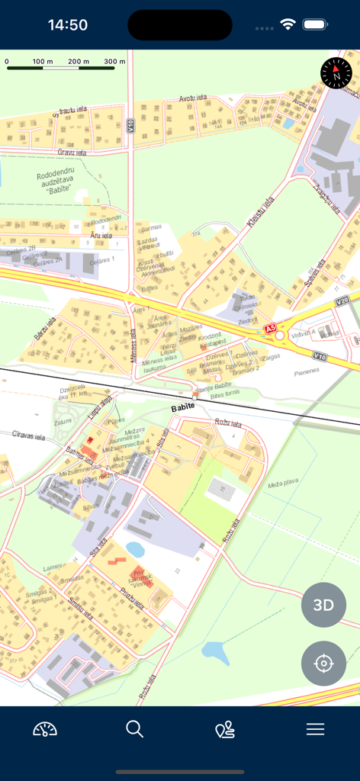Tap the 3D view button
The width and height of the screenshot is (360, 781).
click(323, 605)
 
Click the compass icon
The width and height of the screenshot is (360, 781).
click(336, 72)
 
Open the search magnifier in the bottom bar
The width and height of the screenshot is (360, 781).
click(135, 729)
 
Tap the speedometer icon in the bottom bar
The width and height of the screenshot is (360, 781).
click(45, 729)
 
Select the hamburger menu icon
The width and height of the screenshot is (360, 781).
click(315, 729)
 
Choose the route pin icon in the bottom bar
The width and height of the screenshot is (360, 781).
click(225, 730)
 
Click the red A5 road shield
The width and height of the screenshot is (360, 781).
click(270, 329)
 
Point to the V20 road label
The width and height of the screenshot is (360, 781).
click(342, 301)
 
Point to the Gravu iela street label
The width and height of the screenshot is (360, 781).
click(72, 153)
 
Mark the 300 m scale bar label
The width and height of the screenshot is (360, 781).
click(114, 61)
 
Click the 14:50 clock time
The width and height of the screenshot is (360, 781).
click(68, 25)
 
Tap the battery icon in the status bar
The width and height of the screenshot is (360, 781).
click(315, 25)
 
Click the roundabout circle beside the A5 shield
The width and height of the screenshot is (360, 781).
click(281, 336)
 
